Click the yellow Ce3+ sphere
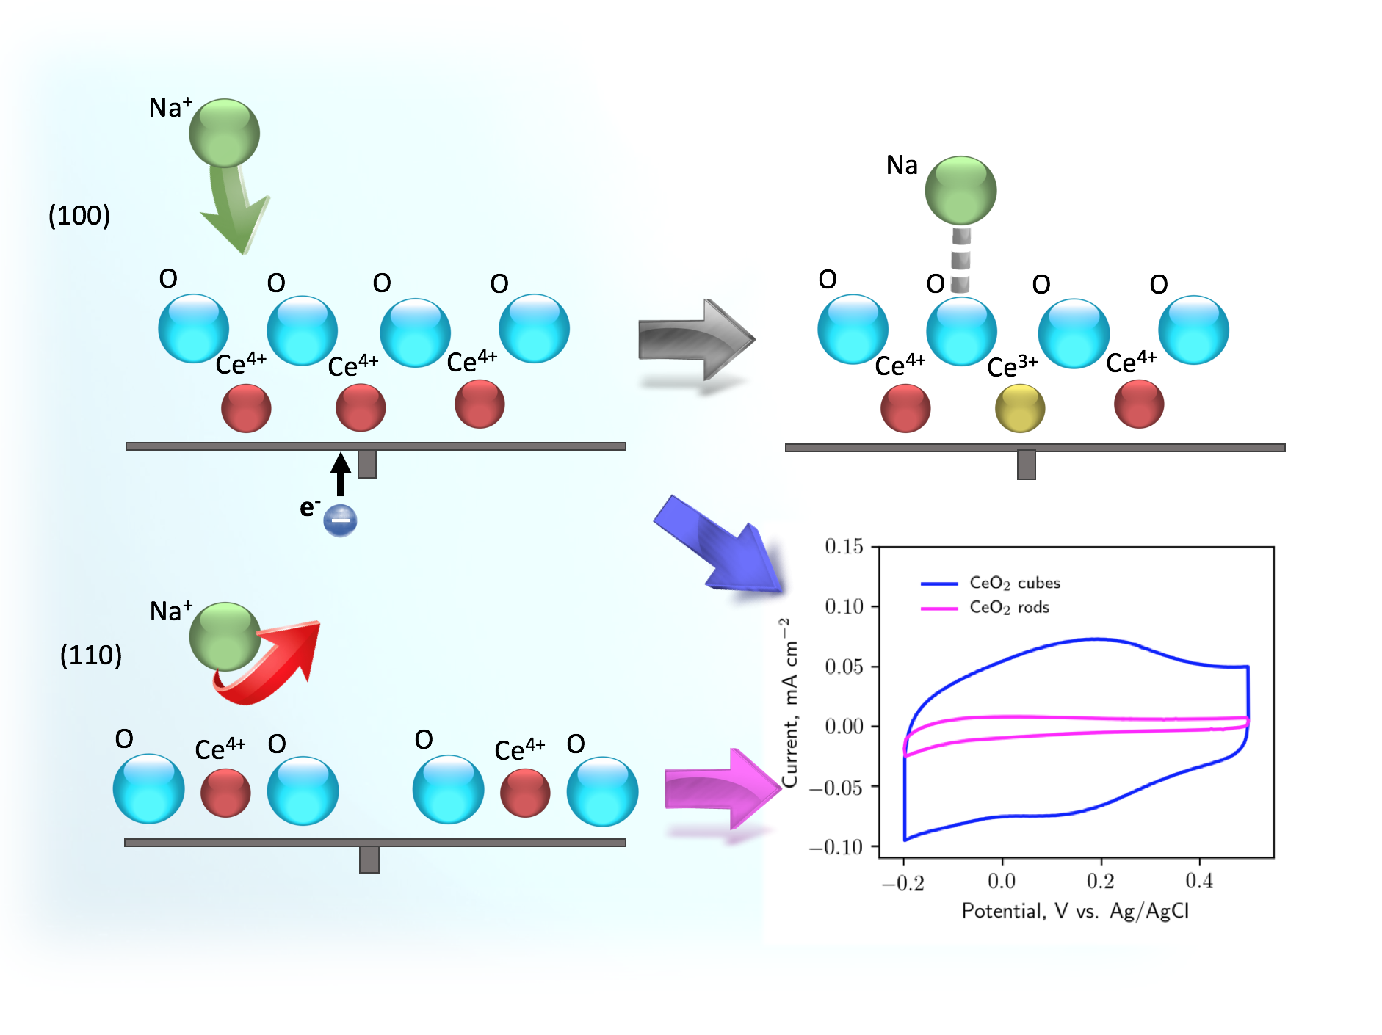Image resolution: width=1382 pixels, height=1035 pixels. [x=1019, y=408]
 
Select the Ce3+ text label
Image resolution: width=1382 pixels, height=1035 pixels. [x=1012, y=366]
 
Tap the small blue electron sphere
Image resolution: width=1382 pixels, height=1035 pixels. [x=340, y=520]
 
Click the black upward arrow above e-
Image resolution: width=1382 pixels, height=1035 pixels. [x=340, y=473]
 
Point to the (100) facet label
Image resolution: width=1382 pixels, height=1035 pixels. [x=79, y=215]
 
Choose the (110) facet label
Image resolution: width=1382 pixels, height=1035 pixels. [x=91, y=655]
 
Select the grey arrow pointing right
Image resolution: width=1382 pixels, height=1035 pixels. [x=695, y=339]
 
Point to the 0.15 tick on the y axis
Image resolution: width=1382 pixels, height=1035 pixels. [x=844, y=546]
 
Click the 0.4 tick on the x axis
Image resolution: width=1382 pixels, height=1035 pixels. [x=1198, y=881]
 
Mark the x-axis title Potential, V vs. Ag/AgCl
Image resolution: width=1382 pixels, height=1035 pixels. [x=1075, y=911]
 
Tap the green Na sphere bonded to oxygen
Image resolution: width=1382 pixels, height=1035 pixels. [x=960, y=190]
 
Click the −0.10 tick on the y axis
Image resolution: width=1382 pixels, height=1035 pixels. [x=836, y=847]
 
